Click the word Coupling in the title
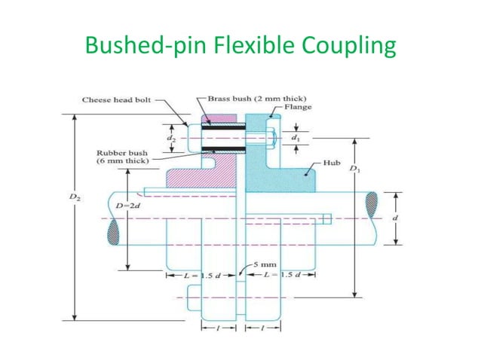pyautogui.click(x=342, y=46)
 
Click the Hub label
pyautogui.click(x=332, y=163)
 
